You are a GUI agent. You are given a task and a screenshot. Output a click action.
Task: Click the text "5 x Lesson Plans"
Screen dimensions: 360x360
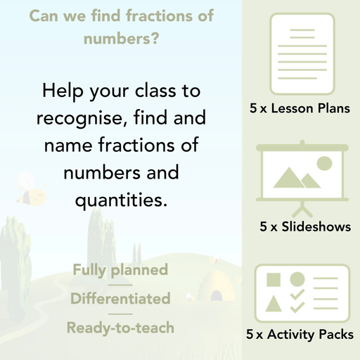(x=300, y=109)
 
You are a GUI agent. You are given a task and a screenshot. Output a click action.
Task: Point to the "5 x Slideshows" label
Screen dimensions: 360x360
(x=305, y=227)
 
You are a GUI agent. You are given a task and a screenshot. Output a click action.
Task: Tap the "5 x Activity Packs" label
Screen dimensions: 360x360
(x=300, y=335)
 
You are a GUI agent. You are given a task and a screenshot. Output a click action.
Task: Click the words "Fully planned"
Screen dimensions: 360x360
(x=120, y=270)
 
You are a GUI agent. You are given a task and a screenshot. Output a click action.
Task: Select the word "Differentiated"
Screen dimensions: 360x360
(x=120, y=299)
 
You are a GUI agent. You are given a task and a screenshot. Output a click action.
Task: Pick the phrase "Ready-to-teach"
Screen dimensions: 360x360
(x=120, y=328)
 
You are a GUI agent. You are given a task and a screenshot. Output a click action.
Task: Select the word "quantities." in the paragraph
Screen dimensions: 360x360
(x=121, y=200)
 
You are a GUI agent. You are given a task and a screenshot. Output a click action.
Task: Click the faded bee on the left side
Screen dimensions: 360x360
(x=32, y=188)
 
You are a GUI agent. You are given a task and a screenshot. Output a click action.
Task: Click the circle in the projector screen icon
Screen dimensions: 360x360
(x=324, y=164)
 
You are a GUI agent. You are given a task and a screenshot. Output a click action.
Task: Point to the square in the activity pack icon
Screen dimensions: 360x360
(x=274, y=279)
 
